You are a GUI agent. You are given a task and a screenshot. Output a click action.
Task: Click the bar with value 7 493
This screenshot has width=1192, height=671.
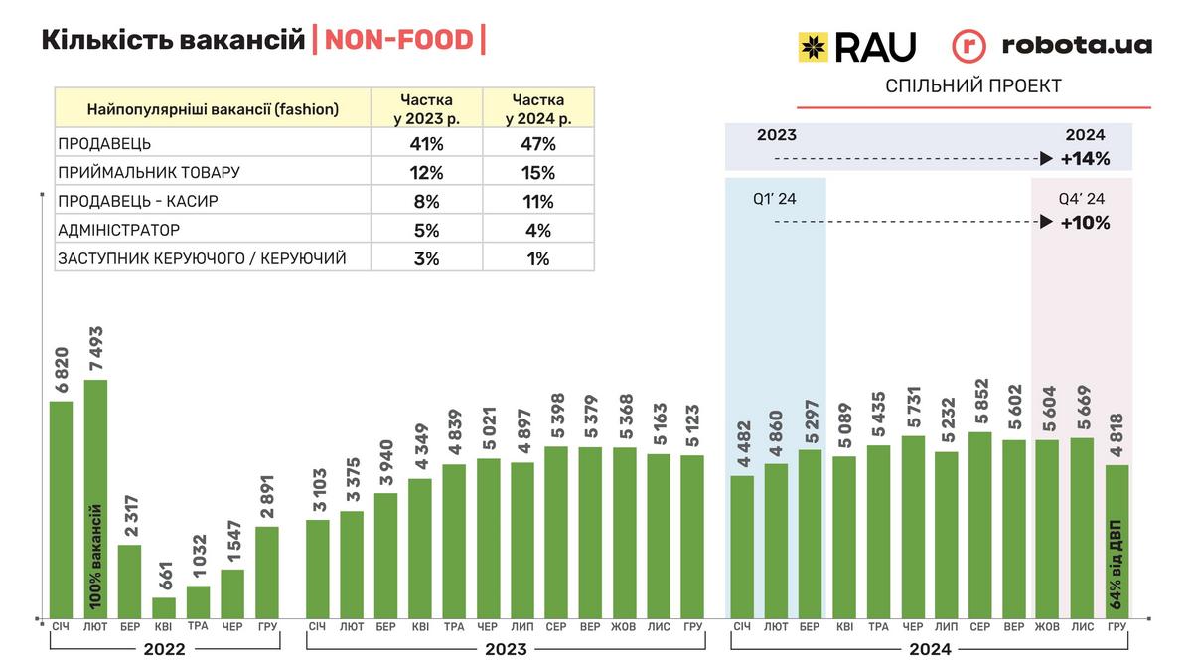95,497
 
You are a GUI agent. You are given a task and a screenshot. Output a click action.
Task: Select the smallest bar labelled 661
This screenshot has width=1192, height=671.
164,606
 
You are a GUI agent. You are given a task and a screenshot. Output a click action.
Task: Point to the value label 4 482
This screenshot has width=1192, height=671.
742,435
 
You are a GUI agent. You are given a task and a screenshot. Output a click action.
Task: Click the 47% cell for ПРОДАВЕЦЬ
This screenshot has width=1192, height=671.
537,143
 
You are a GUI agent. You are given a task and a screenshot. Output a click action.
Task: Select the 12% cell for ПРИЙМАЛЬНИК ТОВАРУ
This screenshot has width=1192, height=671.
426,172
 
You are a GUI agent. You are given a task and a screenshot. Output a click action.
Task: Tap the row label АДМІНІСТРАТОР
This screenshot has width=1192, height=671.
114,230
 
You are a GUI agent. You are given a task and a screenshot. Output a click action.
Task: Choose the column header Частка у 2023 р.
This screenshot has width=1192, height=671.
426,108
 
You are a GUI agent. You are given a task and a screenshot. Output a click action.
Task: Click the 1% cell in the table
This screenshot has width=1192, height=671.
537,258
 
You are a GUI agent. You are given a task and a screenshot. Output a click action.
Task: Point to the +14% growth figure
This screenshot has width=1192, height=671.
1085,158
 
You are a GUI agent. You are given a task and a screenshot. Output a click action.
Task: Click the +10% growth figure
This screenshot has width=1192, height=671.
1085,222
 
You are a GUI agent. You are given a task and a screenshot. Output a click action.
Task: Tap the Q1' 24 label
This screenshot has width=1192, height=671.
775,198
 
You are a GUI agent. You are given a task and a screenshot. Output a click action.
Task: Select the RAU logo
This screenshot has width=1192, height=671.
857,46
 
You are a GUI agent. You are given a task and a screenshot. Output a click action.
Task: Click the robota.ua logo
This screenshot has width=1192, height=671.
1052,46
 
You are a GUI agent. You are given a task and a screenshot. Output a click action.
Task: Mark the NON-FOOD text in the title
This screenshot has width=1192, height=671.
400,40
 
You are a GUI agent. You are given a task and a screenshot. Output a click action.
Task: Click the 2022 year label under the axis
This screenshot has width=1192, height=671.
164,649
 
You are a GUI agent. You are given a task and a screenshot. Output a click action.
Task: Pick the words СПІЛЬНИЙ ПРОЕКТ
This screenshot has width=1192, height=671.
972,86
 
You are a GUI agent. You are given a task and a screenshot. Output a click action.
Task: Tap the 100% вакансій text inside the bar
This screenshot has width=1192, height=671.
96,557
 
